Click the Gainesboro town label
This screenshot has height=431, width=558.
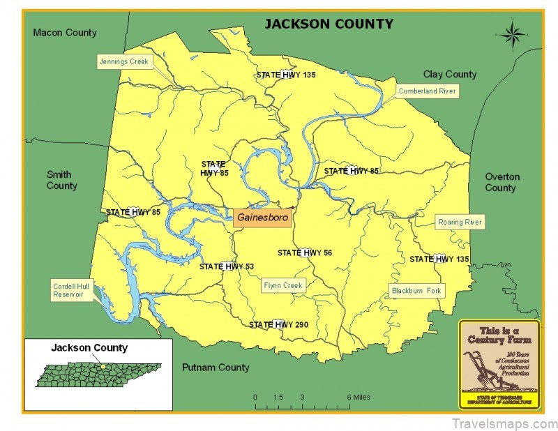[x=262, y=217]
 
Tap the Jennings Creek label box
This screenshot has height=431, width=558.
[x=123, y=62]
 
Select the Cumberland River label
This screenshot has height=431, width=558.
[x=427, y=91]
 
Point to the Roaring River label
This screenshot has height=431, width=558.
[x=460, y=222]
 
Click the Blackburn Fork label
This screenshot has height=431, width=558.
[x=416, y=290]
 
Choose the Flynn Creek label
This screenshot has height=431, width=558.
[x=284, y=285]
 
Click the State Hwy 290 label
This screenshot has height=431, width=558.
[x=279, y=325]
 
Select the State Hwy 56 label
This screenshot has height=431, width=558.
[x=304, y=253]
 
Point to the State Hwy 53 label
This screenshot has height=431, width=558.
[x=227, y=266]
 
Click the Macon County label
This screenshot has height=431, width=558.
[x=65, y=33]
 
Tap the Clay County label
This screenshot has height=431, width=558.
[x=450, y=75]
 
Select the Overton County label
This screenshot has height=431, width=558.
[x=502, y=182]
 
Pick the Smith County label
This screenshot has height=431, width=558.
[x=62, y=180]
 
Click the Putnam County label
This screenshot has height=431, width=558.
[x=215, y=368]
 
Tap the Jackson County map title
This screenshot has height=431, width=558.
[x=328, y=24]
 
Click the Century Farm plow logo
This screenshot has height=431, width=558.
[x=499, y=363]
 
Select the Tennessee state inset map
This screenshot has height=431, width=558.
[x=100, y=375]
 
